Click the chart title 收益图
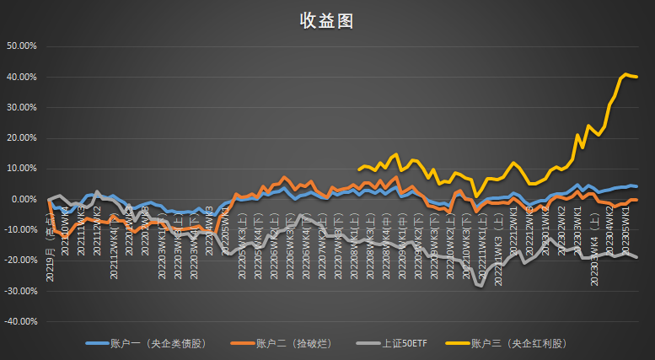click(x=326, y=21)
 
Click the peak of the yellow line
click(x=625, y=74)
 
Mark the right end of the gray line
click(x=636, y=257)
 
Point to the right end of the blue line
click(x=636, y=186)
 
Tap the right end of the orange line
click(x=636, y=200)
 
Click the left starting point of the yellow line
click(x=359, y=169)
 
